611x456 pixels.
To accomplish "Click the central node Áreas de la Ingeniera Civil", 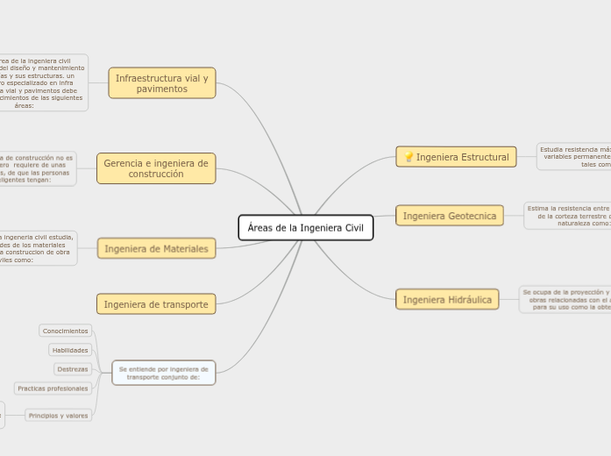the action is pos(305,228).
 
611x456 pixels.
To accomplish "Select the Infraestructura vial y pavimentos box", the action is pos(162,83).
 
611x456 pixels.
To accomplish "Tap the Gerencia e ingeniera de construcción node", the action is pos(156,168).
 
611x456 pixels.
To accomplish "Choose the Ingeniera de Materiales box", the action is pos(156,249).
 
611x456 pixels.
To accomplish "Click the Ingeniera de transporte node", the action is pos(156,304).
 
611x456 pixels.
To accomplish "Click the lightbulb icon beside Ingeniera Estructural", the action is pos(408,157).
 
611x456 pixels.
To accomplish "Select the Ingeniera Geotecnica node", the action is pos(450,216).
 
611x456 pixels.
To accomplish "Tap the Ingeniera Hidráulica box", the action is pos(447,300).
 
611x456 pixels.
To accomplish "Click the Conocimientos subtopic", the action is pos(66,331).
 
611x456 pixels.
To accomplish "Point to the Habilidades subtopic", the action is pos(70,350).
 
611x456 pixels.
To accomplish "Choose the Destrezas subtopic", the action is pos(72,369).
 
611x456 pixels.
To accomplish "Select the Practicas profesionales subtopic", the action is pos(53,388).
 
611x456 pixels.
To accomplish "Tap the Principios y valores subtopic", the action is pos(58,416).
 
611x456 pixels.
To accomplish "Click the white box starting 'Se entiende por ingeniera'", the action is pos(163,373).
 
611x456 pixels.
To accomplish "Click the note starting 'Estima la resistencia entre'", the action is pos(567,216).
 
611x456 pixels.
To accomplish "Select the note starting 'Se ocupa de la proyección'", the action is pos(565,300).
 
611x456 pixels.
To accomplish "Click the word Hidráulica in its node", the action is pos(470,300).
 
